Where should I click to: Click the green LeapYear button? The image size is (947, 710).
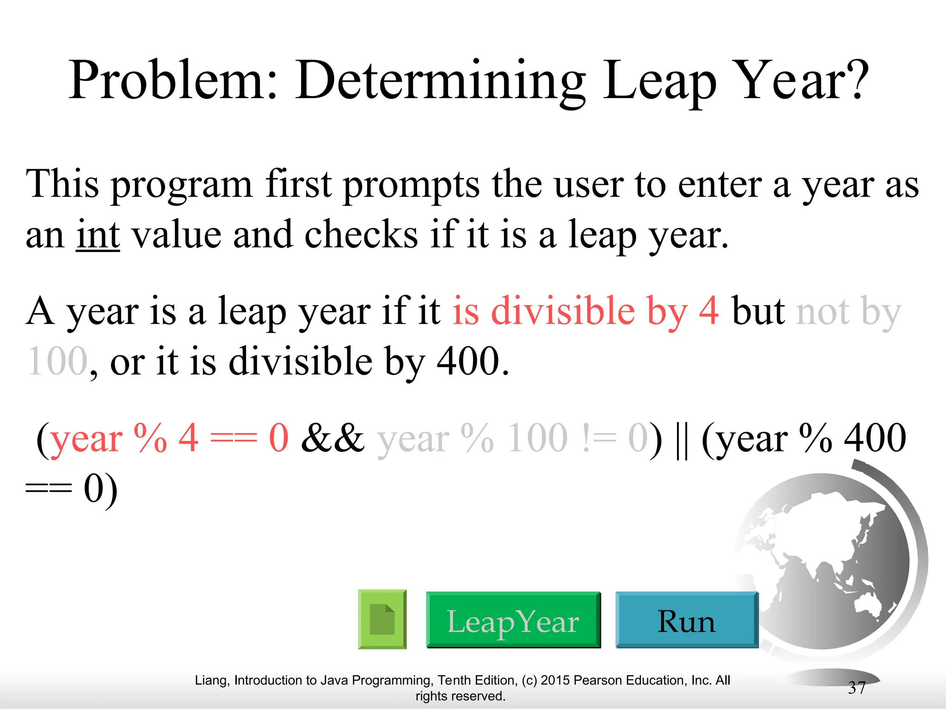point(513,620)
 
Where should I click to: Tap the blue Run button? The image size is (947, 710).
point(686,620)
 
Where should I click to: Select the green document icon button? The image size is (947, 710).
point(382,619)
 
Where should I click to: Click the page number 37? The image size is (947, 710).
point(856,688)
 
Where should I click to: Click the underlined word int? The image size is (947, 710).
point(98,235)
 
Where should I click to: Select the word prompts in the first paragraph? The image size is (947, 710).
point(412,185)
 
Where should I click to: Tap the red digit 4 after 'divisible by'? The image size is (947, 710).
point(708,311)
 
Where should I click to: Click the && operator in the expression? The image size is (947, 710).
point(332,438)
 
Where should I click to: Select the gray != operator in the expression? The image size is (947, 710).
point(599,438)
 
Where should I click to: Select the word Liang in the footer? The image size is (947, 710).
point(211,680)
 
